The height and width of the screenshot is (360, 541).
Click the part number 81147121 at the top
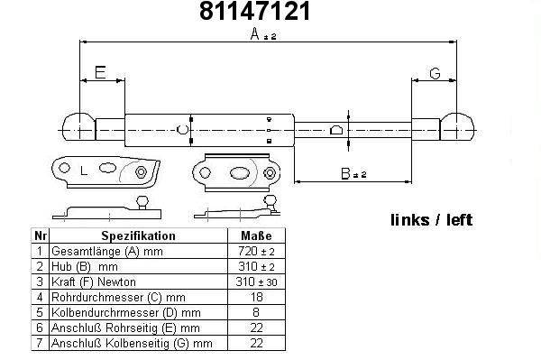(255, 11)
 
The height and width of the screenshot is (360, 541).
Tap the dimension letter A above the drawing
(254, 33)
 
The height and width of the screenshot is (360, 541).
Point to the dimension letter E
(100, 72)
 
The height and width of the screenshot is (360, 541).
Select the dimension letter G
(435, 73)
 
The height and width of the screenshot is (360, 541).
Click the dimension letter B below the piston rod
(345, 173)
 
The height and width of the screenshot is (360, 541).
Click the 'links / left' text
(431, 220)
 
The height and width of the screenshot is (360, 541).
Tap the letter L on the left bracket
(84, 171)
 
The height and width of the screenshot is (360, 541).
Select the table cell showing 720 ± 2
(256, 251)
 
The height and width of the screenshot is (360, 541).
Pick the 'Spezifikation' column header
(138, 235)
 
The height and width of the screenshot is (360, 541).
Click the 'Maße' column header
(256, 235)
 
